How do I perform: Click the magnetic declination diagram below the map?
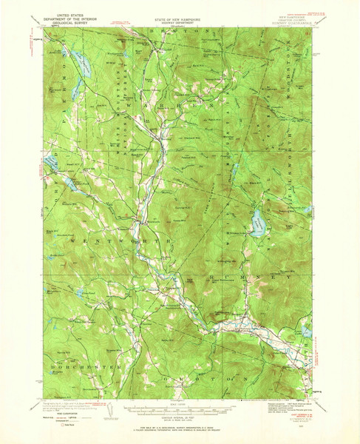pyautogui.click(x=112, y=411)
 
